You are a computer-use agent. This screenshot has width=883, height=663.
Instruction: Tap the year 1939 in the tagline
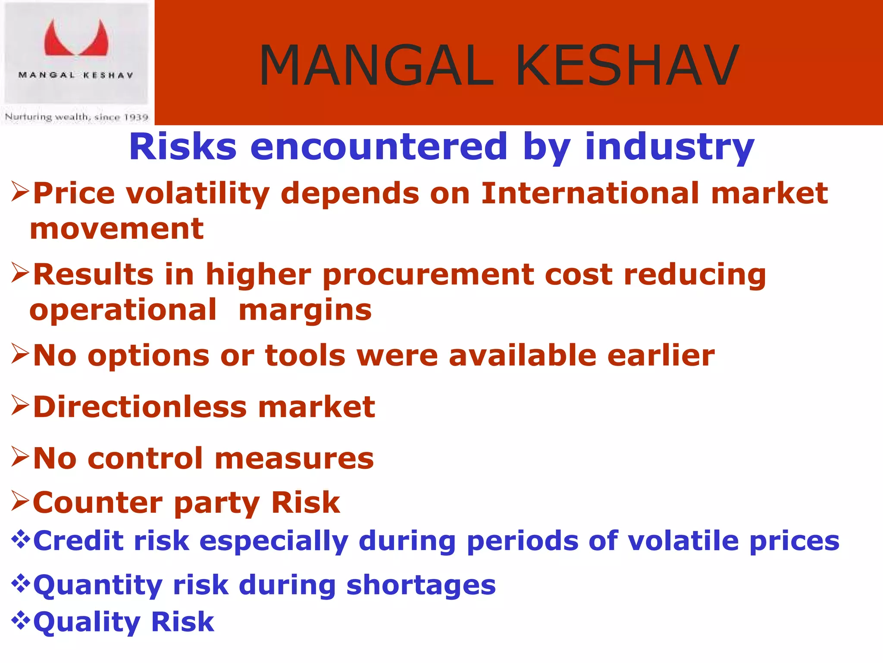click(x=136, y=117)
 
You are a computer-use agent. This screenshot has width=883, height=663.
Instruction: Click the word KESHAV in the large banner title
click(x=627, y=66)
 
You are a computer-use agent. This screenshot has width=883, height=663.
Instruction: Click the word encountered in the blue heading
click(x=379, y=147)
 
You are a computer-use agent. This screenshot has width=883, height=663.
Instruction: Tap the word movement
click(x=116, y=229)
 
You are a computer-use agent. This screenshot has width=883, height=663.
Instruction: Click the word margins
click(x=305, y=310)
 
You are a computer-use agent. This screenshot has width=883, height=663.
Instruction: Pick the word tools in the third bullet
click(x=305, y=356)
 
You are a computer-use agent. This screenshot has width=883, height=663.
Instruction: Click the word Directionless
click(x=140, y=407)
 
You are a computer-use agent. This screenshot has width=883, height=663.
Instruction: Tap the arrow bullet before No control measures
click(x=20, y=458)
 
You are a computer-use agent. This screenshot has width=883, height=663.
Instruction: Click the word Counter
click(x=97, y=503)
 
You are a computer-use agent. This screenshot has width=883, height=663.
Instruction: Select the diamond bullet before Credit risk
click(x=20, y=539)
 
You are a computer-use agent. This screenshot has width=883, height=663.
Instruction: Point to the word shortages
click(x=421, y=586)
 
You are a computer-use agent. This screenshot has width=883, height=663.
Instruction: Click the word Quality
click(x=86, y=622)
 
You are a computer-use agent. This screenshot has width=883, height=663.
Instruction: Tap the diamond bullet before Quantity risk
click(x=20, y=584)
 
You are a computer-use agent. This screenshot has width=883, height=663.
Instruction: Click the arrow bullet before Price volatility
click(x=20, y=192)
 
